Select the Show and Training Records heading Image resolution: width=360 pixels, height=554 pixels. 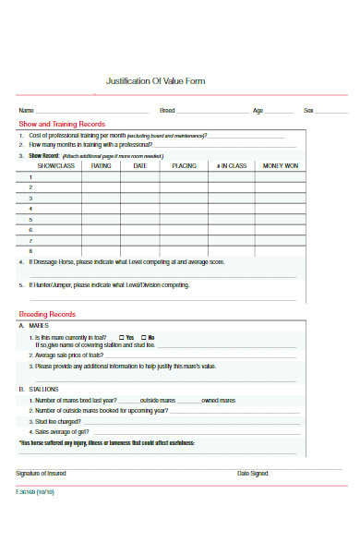pos(61,124)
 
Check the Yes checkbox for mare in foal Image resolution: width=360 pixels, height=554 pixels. pos(123,337)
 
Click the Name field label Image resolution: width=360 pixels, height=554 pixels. pos(26,110)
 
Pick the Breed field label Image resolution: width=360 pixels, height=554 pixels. pos(167,110)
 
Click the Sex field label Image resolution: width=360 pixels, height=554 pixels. pos(309,110)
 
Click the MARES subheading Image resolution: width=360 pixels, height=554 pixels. pos(39,326)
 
